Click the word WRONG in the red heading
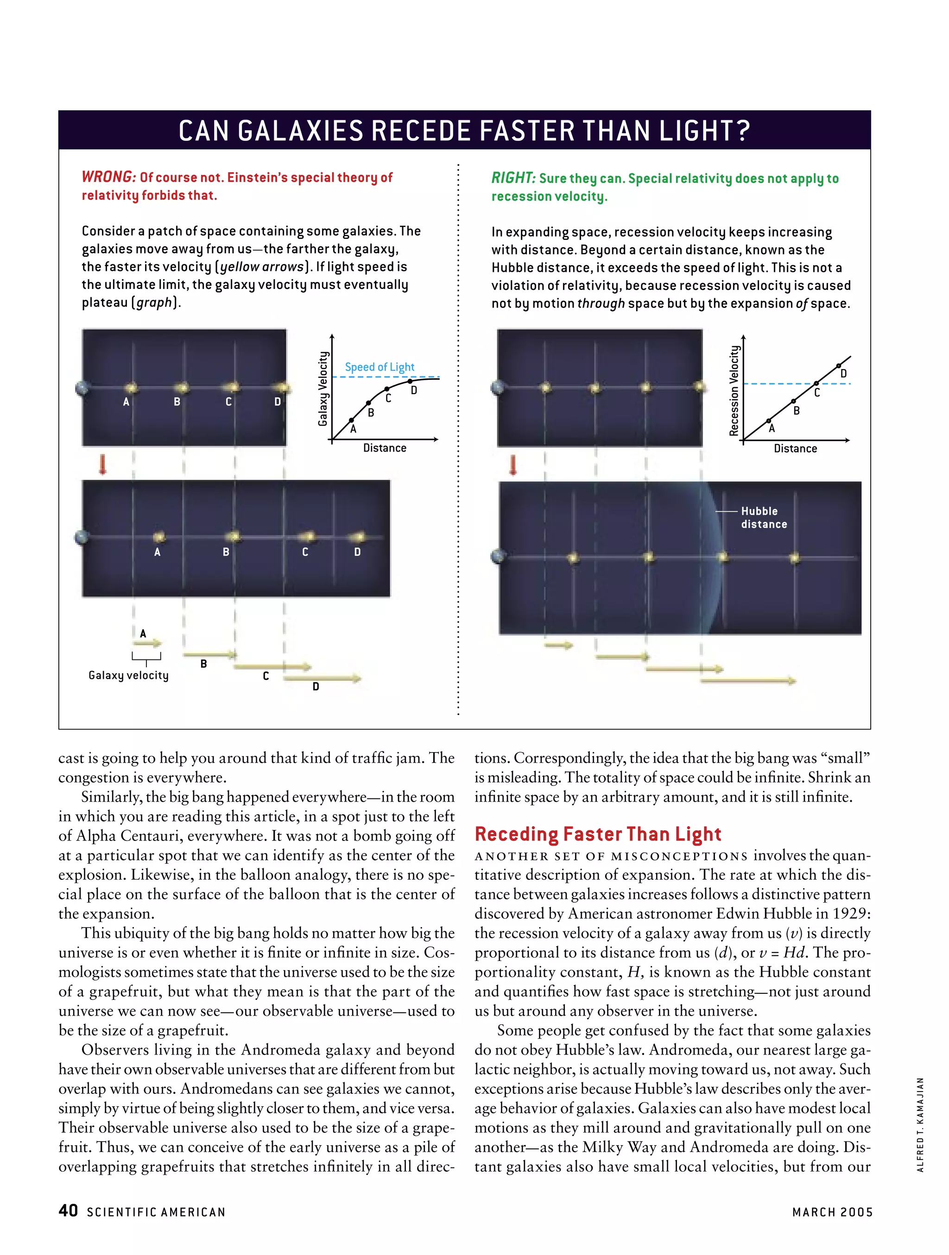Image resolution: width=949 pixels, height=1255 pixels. pos(108,177)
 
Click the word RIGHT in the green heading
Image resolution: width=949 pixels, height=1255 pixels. pos(512,178)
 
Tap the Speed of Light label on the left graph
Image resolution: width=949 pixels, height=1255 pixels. pos(379,367)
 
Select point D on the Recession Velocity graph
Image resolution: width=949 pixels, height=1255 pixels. pos(838,365)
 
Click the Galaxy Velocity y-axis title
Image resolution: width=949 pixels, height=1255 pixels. pos(323,388)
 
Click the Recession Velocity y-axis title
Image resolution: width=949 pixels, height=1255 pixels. pos(734,390)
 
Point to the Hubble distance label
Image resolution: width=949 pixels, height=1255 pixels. pos(763,517)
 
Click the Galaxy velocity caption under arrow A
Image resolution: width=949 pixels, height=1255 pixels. pos(128,675)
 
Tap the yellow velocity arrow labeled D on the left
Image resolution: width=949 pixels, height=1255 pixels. pos(322,678)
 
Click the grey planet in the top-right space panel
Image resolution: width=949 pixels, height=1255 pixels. pos(498,388)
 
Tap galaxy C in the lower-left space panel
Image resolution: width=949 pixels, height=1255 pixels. pos(307,536)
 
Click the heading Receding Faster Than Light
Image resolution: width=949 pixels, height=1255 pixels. pos(598,834)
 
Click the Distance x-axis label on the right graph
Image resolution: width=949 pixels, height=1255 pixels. pos(795,448)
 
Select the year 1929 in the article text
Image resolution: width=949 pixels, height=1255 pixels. pos(850,913)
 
